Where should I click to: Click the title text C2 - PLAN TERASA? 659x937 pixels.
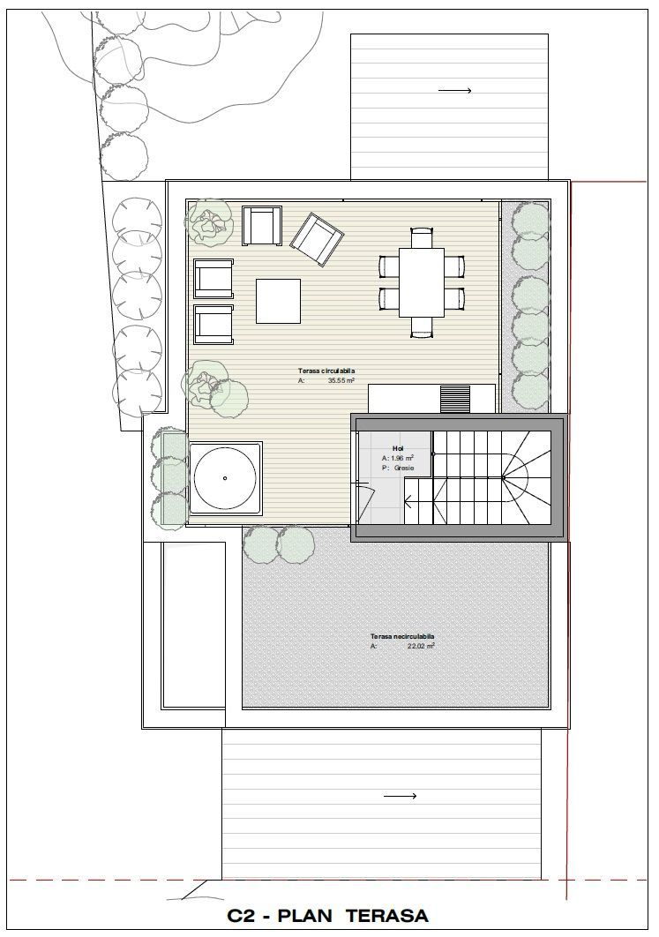click(x=327, y=916)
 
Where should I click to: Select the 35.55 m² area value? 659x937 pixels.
click(x=341, y=381)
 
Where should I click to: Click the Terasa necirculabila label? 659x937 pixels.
click(x=402, y=636)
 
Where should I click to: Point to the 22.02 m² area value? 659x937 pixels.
click(x=420, y=646)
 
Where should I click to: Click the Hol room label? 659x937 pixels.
click(x=398, y=448)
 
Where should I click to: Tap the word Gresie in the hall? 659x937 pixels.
click(x=404, y=468)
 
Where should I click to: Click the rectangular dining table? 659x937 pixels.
click(x=421, y=282)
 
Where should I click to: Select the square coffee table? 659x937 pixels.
click(x=278, y=301)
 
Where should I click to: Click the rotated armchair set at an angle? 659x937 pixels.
click(x=316, y=239)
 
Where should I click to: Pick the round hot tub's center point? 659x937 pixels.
click(x=225, y=478)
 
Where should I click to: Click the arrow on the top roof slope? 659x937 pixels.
click(x=454, y=90)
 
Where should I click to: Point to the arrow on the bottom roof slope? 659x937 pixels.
click(x=401, y=796)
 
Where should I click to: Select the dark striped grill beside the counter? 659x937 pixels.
click(x=456, y=398)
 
